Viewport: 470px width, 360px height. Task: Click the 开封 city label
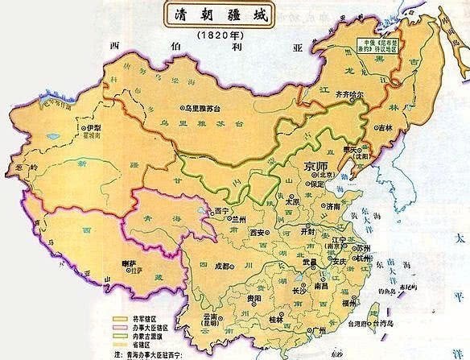click(x=309, y=229)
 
